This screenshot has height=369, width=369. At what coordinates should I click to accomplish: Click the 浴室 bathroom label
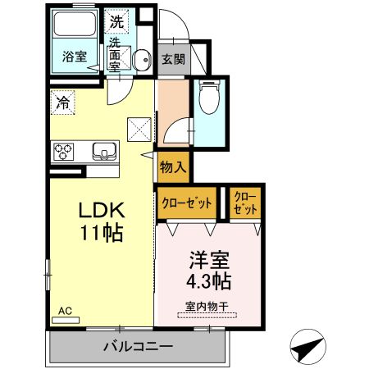(x=75, y=57)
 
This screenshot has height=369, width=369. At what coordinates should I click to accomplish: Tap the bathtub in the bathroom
(x=75, y=30)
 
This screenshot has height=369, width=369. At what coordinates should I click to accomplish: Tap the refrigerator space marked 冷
(x=62, y=102)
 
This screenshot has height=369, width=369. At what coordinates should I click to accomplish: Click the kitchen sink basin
(x=104, y=151)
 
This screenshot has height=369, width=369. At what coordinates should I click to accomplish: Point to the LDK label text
(x=101, y=209)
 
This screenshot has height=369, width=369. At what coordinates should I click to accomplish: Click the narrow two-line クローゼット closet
(x=244, y=202)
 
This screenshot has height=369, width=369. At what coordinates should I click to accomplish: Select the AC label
(x=65, y=311)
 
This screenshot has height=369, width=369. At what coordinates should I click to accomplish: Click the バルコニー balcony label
(x=138, y=346)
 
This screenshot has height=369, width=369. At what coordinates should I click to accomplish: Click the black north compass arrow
(x=307, y=348)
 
